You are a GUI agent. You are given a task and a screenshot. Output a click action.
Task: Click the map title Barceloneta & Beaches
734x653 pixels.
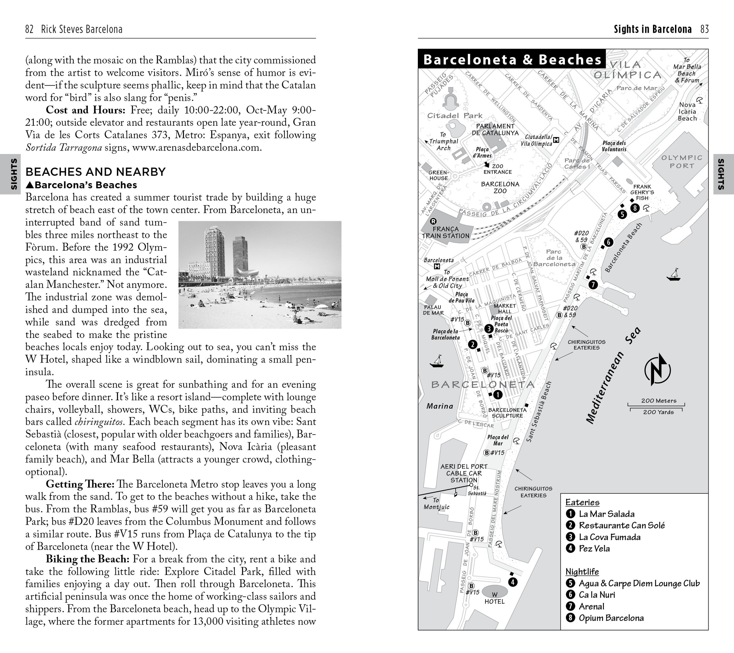pyautogui.click(x=512, y=60)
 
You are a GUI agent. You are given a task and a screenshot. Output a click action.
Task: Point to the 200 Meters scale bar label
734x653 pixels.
pyautogui.click(x=659, y=401)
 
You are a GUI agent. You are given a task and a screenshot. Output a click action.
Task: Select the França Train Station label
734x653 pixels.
pyautogui.click(x=446, y=233)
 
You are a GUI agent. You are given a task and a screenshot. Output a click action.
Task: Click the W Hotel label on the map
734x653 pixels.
pyautogui.click(x=495, y=598)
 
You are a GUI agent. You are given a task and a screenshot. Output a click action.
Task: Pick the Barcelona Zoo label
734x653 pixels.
pyautogui.click(x=500, y=187)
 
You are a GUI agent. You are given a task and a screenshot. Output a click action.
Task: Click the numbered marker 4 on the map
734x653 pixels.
pyautogui.click(x=513, y=582)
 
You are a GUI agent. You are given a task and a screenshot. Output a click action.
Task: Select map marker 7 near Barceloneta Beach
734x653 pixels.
pyautogui.click(x=593, y=285)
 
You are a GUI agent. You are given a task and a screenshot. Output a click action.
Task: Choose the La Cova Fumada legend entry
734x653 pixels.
pyautogui.click(x=610, y=537)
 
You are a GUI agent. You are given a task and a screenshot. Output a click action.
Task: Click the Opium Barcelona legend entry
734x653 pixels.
pyautogui.click(x=611, y=618)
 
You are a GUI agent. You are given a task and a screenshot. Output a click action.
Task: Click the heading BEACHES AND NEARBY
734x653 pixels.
pyautogui.click(x=95, y=172)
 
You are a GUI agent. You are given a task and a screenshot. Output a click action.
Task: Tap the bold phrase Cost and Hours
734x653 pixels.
pyautogui.click(x=86, y=110)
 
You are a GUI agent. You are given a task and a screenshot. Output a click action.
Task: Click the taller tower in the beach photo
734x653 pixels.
pyautogui.click(x=215, y=251)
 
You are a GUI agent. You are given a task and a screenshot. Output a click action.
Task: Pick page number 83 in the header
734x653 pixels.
pyautogui.click(x=704, y=29)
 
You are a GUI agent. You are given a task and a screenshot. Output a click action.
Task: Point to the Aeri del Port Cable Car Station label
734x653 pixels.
pyautogui.click(x=464, y=473)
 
